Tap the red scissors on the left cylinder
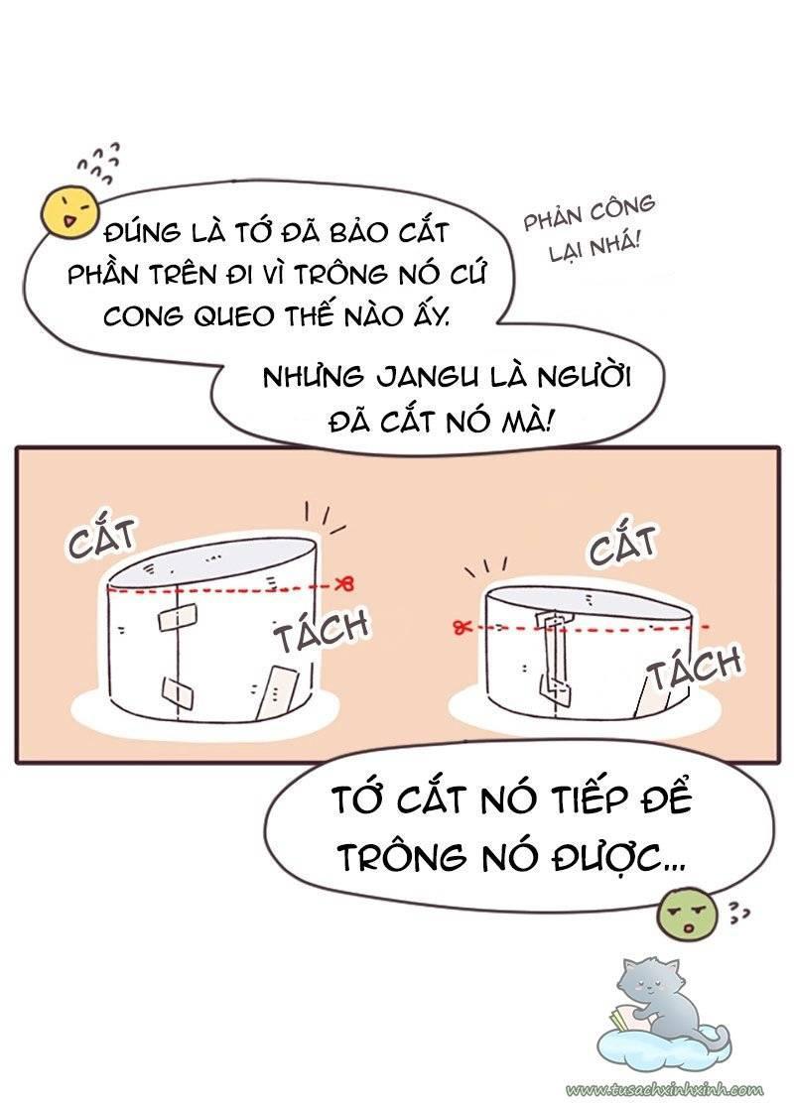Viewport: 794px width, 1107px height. (x=346, y=582)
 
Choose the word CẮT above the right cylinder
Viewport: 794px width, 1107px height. (x=622, y=548)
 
